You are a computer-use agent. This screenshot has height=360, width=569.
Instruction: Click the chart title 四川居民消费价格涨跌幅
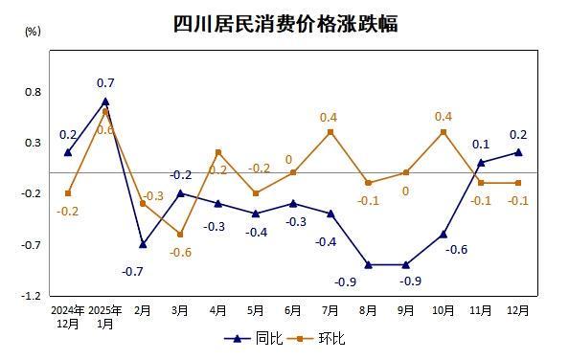click(x=284, y=24)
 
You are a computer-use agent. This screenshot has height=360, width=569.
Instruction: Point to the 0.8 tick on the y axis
click(x=34, y=92)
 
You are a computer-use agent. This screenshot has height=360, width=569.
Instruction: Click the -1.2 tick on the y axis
click(x=34, y=296)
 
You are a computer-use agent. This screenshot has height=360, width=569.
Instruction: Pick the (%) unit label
click(x=33, y=32)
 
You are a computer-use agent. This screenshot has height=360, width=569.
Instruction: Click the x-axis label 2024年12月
click(x=67, y=317)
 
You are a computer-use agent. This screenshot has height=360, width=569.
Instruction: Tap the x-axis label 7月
click(x=330, y=310)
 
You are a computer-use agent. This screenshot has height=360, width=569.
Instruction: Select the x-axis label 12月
click(x=518, y=310)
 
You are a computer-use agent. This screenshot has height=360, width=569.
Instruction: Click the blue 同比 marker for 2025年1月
click(x=105, y=101)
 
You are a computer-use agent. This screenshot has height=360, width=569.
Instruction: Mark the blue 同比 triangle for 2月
click(x=143, y=244)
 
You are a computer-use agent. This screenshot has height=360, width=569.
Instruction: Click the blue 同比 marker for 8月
click(x=368, y=264)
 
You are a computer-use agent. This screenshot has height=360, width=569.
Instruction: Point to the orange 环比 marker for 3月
click(x=180, y=234)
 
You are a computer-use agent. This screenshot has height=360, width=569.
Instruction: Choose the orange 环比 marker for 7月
click(x=330, y=132)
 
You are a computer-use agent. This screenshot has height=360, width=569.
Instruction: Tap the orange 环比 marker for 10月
click(x=443, y=132)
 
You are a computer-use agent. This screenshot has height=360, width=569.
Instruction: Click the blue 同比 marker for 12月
click(x=518, y=152)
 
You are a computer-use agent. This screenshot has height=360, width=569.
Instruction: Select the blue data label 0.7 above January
click(x=105, y=83)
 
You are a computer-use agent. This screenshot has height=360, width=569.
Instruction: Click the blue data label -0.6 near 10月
click(x=457, y=250)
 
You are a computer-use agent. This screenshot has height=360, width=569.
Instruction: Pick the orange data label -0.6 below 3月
click(x=181, y=252)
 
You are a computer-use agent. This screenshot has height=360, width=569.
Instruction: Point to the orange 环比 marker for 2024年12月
click(x=68, y=193)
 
